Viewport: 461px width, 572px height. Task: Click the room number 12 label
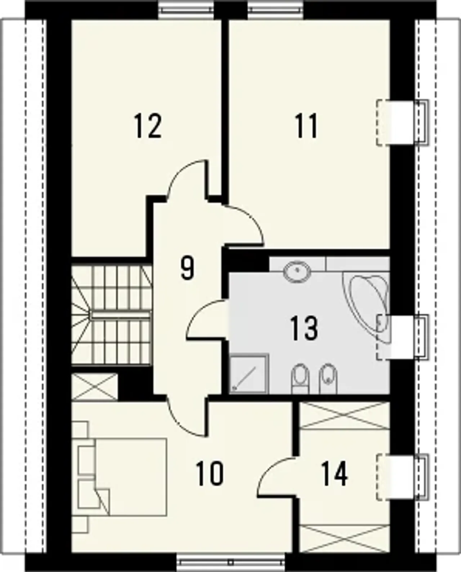(148, 126)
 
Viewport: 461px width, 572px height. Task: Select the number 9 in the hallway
(187, 268)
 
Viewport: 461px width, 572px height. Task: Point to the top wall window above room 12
(186, 10)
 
